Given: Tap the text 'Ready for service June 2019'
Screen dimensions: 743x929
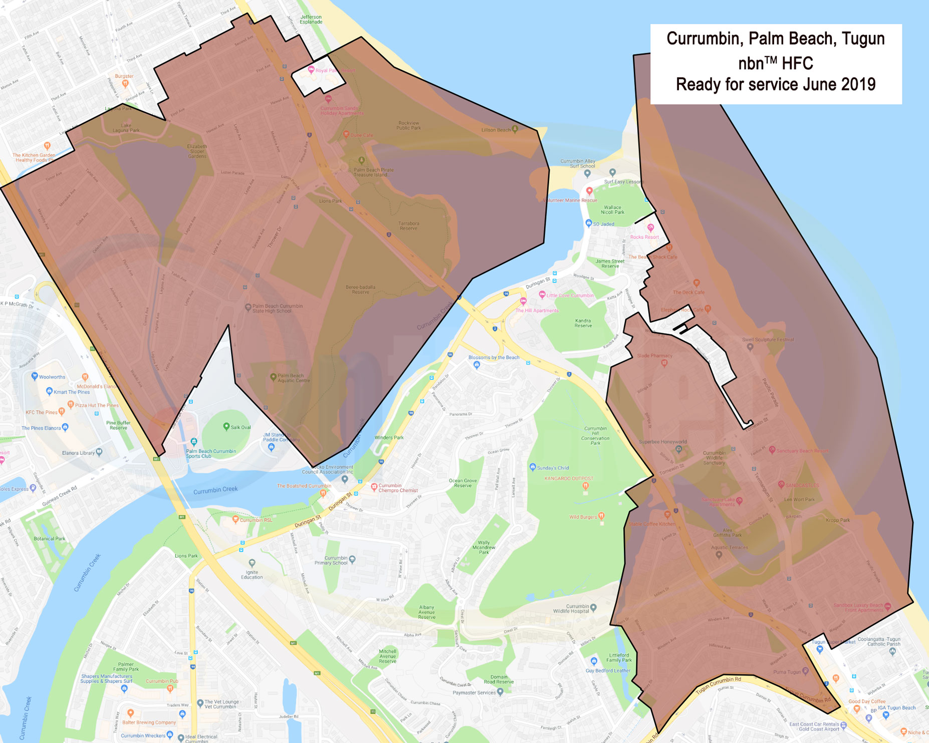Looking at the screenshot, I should coord(775,84).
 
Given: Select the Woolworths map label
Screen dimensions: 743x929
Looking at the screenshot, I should coord(52,377).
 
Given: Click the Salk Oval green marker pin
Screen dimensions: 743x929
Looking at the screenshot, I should coord(226,426).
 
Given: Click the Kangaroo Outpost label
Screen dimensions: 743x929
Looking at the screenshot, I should coord(569,478).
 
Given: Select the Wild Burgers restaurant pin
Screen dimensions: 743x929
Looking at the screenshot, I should coord(601,516).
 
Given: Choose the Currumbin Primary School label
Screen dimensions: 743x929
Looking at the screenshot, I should coord(336,560).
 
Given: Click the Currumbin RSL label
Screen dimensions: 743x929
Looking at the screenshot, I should coord(256,520).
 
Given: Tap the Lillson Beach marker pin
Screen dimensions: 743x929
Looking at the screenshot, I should coord(515,129).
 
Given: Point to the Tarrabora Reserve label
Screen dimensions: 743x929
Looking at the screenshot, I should coord(408,226).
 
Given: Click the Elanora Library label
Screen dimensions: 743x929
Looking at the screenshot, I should coord(78,453).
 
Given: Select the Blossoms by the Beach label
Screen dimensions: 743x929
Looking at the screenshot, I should coord(494,357).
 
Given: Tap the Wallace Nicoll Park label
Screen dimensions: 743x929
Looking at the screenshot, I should coord(612,209).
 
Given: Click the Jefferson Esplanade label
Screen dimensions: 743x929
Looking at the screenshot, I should coord(311,20).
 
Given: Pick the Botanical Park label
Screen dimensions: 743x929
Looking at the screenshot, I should coord(50,539).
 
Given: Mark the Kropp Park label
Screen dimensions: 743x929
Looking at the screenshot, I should coord(838,520).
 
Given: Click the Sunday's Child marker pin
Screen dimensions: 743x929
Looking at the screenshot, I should coord(533,467).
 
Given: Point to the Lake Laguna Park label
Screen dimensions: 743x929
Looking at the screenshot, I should coord(126,128).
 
